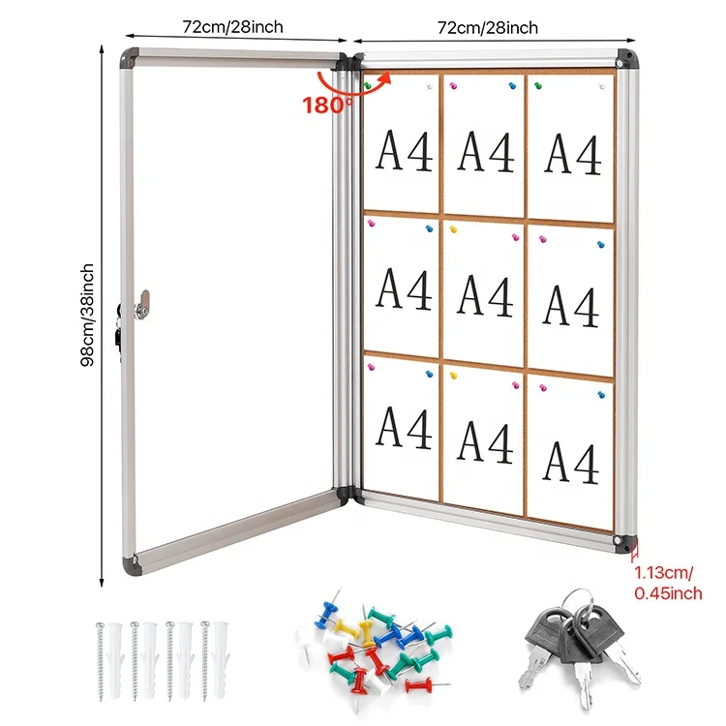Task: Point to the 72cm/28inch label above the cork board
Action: point(488,27)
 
